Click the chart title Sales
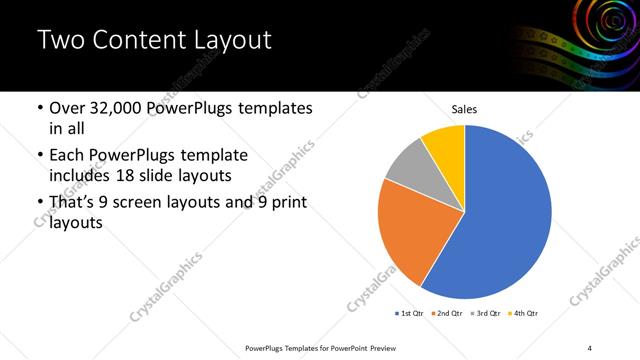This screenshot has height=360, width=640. click(464, 109)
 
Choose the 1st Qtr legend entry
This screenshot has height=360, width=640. click(409, 313)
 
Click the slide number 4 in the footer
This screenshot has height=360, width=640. click(590, 347)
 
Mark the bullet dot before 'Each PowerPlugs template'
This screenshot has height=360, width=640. click(39, 156)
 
